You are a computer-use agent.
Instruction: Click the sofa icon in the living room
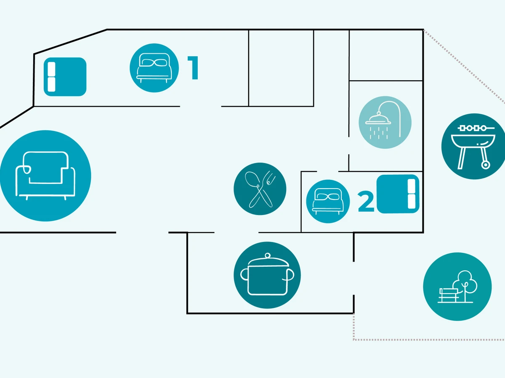45,176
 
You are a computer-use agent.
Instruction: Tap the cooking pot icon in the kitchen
267,275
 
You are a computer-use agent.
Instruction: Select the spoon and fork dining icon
260,189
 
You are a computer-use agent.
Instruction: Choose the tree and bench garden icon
457,286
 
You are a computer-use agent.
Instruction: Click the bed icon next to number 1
154,68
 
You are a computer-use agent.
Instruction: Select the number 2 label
366,202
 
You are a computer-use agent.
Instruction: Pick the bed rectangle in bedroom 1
65,77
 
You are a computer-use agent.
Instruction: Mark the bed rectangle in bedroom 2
398,194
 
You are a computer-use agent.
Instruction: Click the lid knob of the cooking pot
267,256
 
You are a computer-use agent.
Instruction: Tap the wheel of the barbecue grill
486,165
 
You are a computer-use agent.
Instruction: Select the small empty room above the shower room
385,55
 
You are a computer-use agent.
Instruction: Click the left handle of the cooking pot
244,275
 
